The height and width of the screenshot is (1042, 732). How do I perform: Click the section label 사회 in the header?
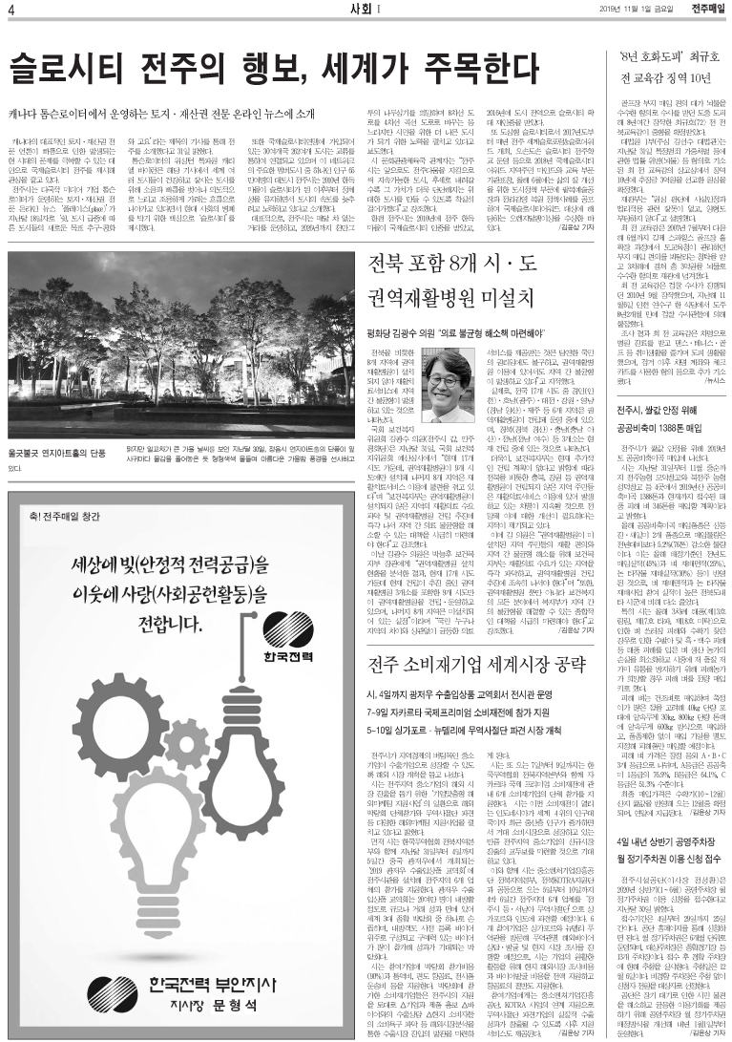click(354, 10)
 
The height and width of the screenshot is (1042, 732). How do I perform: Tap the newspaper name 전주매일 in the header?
click(708, 10)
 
